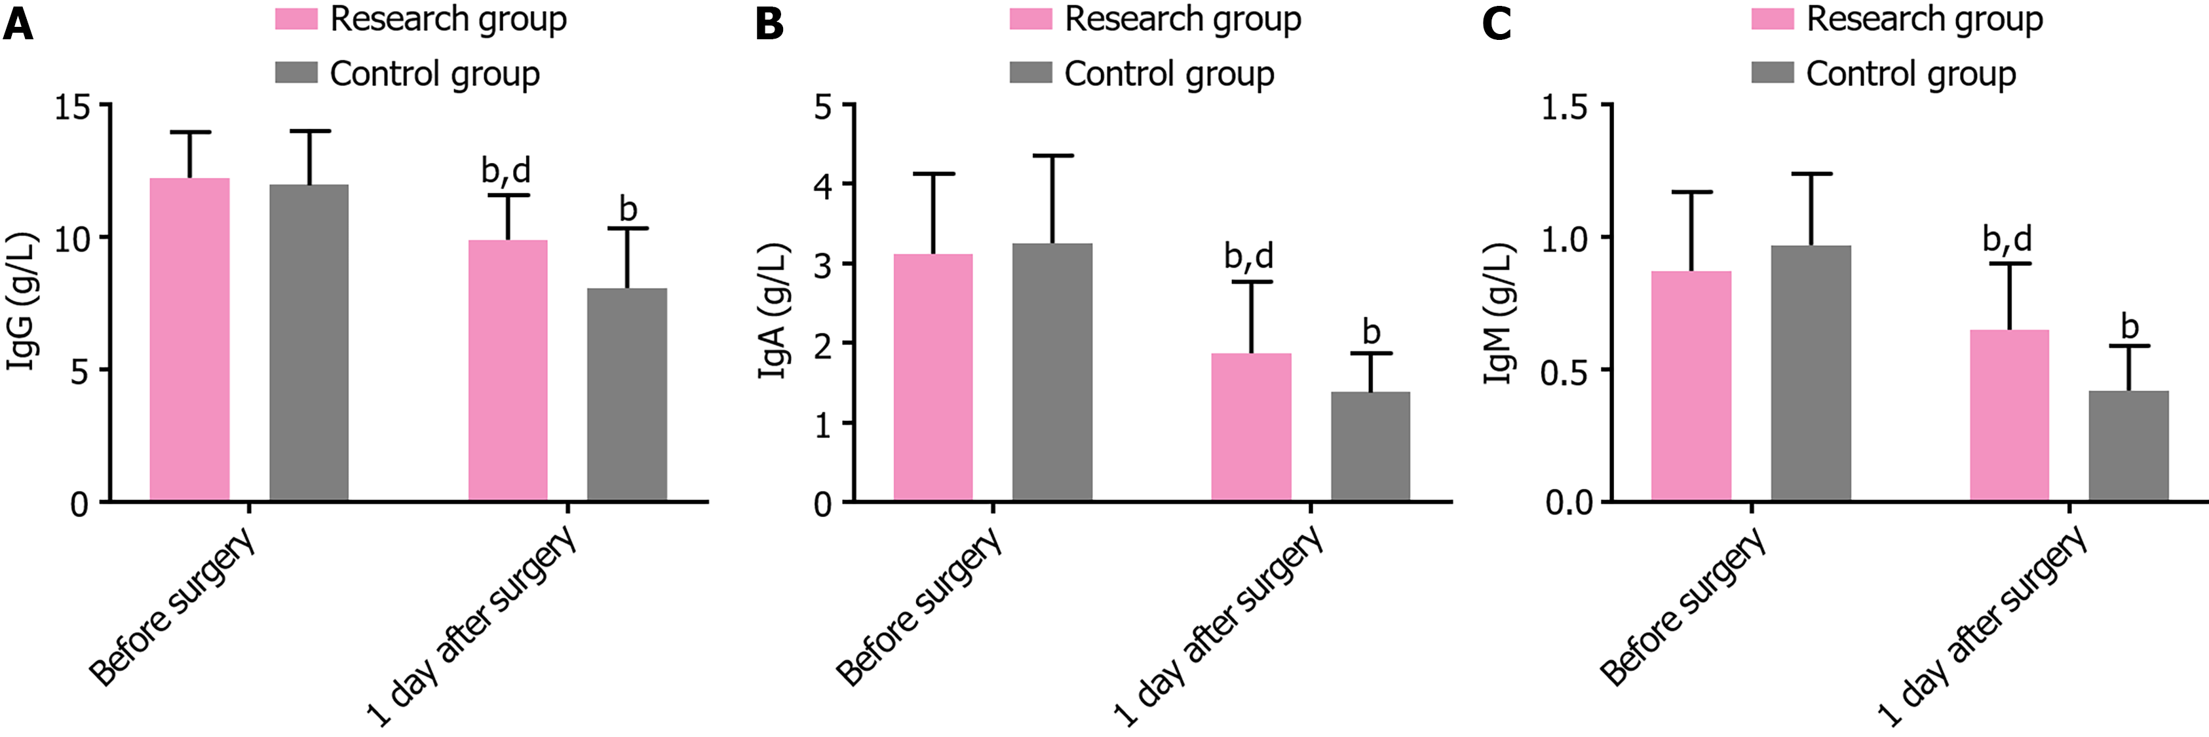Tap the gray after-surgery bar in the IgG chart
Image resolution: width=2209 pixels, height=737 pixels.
pyautogui.click(x=627, y=394)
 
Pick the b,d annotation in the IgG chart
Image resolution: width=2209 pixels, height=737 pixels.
pyautogui.click(x=506, y=171)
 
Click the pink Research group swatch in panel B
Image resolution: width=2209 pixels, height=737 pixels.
pyautogui.click(x=1030, y=19)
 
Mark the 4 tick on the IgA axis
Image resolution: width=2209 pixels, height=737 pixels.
pyautogui.click(x=823, y=185)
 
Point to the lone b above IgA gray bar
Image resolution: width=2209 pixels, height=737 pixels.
pyautogui.click(x=1371, y=332)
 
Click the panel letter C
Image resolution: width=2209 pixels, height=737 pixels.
pyautogui.click(x=1497, y=25)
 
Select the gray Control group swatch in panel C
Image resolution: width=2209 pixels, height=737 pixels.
pyautogui.click(x=1773, y=73)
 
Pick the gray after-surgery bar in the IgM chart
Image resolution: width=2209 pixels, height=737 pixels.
pyautogui.click(x=2128, y=446)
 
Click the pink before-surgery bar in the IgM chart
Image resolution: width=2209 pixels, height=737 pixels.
pyautogui.click(x=1691, y=386)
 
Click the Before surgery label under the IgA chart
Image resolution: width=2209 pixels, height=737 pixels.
pyautogui.click(x=919, y=607)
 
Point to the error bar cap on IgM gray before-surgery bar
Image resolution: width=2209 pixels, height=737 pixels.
pyautogui.click(x=1811, y=174)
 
